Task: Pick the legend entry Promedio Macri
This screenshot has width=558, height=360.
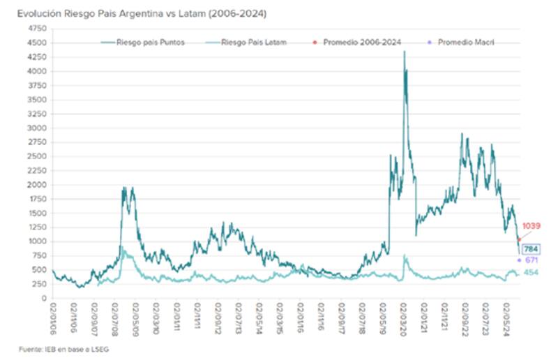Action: point(460,43)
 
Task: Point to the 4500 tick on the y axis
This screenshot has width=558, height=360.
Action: point(38,43)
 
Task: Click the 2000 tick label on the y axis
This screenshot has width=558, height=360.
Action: point(38,185)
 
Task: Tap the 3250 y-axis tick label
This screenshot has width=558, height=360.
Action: point(38,114)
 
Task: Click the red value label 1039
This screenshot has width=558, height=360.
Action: point(531,226)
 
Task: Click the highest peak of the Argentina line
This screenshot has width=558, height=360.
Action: point(405,52)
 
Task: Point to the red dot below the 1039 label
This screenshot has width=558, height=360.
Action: point(518,239)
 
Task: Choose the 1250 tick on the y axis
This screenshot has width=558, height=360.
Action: point(38,227)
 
